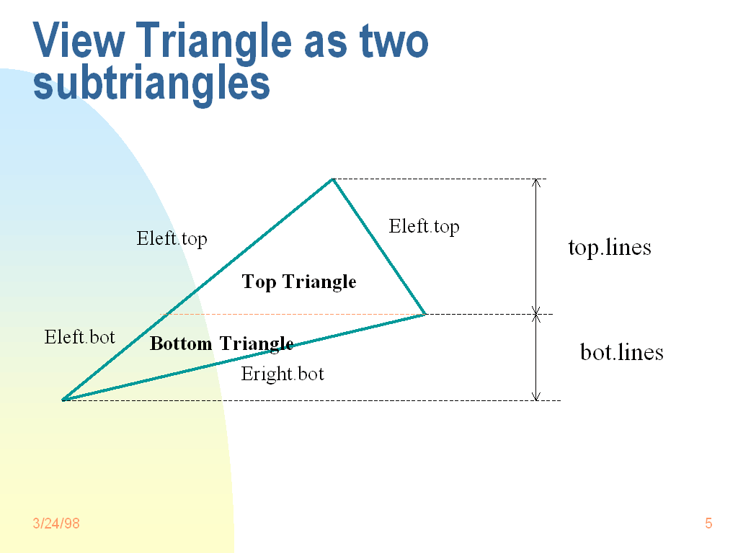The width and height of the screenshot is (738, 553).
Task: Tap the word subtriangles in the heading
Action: coord(151,84)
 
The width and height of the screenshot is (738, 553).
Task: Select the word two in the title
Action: coord(394,42)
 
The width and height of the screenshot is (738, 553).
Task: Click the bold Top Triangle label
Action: coord(299,282)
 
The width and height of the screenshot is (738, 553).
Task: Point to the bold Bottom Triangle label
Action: coord(222,343)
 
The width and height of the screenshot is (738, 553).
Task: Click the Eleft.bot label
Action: coord(79,337)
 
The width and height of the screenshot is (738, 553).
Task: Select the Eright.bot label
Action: coord(283,374)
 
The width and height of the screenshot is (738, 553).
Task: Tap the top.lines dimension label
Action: coord(610,248)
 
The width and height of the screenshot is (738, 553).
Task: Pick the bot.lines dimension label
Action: coord(622,352)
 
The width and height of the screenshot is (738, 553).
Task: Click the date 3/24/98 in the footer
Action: coord(56,523)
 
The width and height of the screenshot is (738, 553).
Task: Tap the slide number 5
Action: coord(708,523)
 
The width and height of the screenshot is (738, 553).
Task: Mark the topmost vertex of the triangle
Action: coord(332,179)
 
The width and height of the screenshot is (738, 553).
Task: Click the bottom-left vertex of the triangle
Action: coord(63,400)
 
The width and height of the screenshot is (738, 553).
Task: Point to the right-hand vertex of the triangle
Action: coord(424,314)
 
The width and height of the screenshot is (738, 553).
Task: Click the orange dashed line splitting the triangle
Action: coord(292,314)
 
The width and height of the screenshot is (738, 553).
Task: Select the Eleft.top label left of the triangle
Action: coord(172,239)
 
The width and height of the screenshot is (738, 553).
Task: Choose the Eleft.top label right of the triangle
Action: coord(424,227)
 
